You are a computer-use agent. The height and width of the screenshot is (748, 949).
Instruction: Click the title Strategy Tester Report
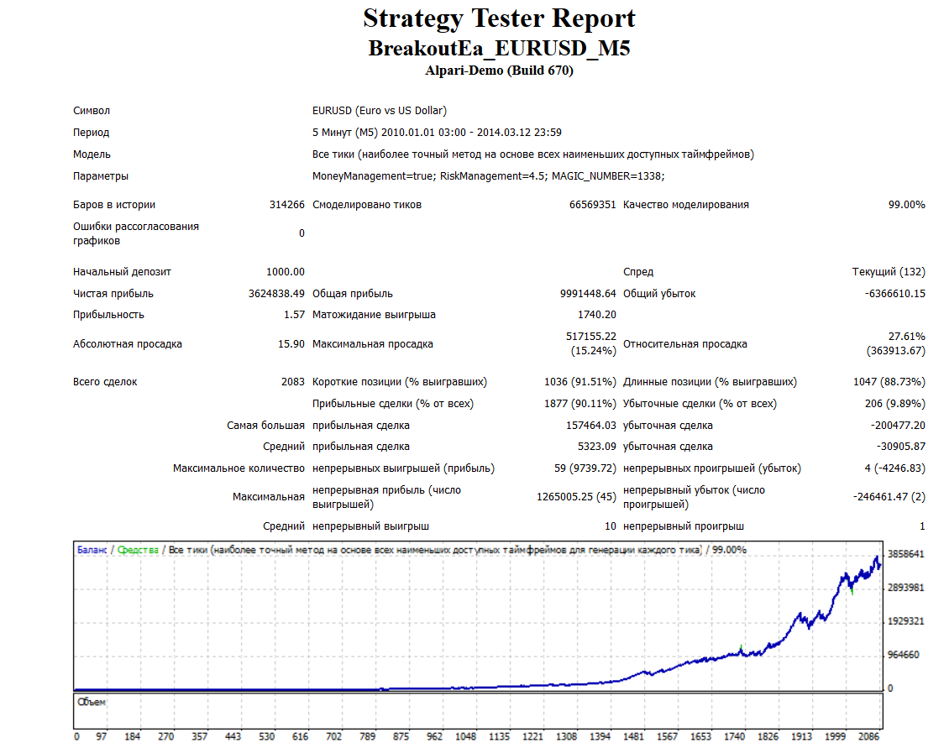pos(500,18)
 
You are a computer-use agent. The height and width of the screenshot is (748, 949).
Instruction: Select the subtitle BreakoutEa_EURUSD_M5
pos(500,49)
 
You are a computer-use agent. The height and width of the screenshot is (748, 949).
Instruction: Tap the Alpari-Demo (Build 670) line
pos(500,71)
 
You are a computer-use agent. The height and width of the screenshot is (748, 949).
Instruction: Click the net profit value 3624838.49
pos(276,294)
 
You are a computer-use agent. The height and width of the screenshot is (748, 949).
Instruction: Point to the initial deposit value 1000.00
pos(285,272)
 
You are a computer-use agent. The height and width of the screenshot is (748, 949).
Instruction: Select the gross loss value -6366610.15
pos(895,294)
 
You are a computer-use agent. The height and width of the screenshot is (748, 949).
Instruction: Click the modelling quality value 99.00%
pos(907,205)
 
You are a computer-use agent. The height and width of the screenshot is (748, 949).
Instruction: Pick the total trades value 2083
pos(293,382)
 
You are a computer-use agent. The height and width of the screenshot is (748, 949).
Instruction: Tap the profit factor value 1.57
pos(294,315)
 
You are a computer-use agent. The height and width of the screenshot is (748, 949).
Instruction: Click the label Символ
pos(92,111)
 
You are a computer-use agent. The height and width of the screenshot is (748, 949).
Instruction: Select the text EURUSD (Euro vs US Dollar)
pos(380,111)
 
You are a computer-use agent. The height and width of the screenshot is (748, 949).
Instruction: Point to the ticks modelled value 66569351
pos(593,205)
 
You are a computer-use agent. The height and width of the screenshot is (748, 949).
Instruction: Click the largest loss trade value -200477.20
pos(898,426)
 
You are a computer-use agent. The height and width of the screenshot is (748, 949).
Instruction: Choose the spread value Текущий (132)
pos(889,272)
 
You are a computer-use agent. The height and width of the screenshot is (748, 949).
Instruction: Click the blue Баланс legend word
pos(92,550)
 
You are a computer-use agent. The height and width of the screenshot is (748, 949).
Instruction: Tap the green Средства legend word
pos(138,550)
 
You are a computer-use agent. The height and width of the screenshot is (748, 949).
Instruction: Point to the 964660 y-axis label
pos(904,655)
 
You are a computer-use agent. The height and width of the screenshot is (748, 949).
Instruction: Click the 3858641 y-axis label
pos(906,554)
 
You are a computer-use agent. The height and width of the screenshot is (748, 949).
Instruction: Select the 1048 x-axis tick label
pos(466,736)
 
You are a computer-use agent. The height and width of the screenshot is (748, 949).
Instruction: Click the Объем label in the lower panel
pos(92,702)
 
